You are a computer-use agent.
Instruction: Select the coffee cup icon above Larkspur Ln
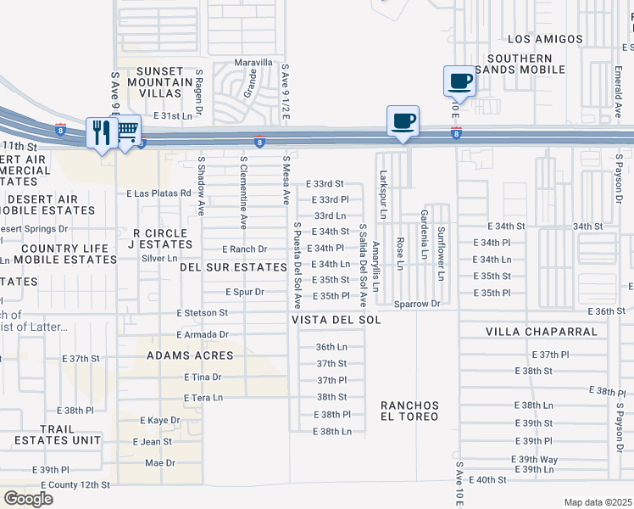tap(403, 119)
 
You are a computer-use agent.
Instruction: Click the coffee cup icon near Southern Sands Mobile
tap(459, 81)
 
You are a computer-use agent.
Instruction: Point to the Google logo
tap(28, 499)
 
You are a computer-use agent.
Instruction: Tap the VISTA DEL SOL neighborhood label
tap(336, 320)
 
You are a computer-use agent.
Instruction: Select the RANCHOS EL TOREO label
tap(409, 411)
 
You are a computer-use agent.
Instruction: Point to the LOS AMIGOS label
tap(545, 39)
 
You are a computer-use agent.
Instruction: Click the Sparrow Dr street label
tap(418, 303)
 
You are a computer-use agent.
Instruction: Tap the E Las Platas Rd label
tap(158, 193)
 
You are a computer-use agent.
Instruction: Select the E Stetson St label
tap(203, 313)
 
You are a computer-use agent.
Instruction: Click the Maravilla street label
tap(254, 63)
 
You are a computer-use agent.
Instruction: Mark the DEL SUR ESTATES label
tap(233, 267)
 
